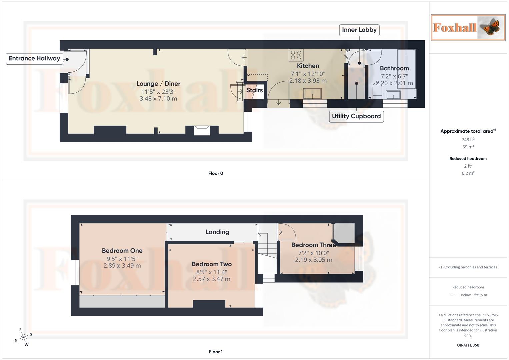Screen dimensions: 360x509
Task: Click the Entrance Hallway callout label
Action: [x=34, y=59]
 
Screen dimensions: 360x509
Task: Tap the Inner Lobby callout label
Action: [x=359, y=30]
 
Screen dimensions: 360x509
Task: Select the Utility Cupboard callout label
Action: [x=356, y=116]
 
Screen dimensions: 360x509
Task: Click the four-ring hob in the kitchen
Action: [x=296, y=55]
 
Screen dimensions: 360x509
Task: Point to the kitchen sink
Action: [x=312, y=94]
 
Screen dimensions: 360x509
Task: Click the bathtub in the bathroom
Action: [x=407, y=69]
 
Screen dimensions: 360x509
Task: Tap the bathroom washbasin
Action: [x=393, y=95]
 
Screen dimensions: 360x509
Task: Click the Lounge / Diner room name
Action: [x=158, y=84]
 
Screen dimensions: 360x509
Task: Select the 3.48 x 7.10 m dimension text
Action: [x=158, y=99]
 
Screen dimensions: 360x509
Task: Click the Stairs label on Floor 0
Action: [x=255, y=90]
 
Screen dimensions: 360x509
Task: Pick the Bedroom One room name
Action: [x=122, y=251]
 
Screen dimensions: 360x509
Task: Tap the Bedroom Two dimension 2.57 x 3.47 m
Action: [x=212, y=279]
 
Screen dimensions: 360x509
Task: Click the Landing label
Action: [x=217, y=232]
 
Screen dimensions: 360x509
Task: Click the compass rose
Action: [x=23, y=337]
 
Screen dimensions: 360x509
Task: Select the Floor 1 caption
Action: [x=216, y=352]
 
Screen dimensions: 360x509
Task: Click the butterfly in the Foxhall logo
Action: [x=490, y=28]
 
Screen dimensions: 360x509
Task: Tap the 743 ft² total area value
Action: [x=468, y=140]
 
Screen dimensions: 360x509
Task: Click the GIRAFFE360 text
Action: [x=468, y=345]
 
